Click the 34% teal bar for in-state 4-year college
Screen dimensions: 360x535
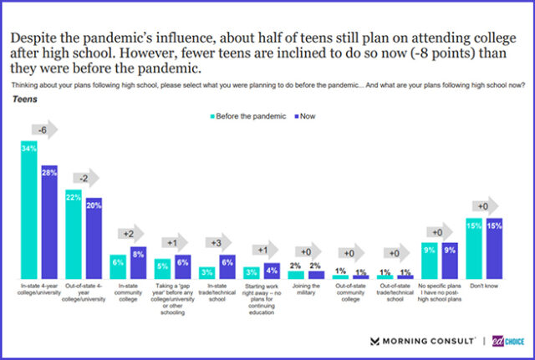(29, 209)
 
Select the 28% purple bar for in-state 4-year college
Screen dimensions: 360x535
(49, 221)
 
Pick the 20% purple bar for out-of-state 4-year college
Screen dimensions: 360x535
(94, 238)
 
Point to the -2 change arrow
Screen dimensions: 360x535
(85, 177)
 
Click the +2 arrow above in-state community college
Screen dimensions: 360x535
(129, 235)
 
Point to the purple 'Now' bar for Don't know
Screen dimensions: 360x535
(493, 248)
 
